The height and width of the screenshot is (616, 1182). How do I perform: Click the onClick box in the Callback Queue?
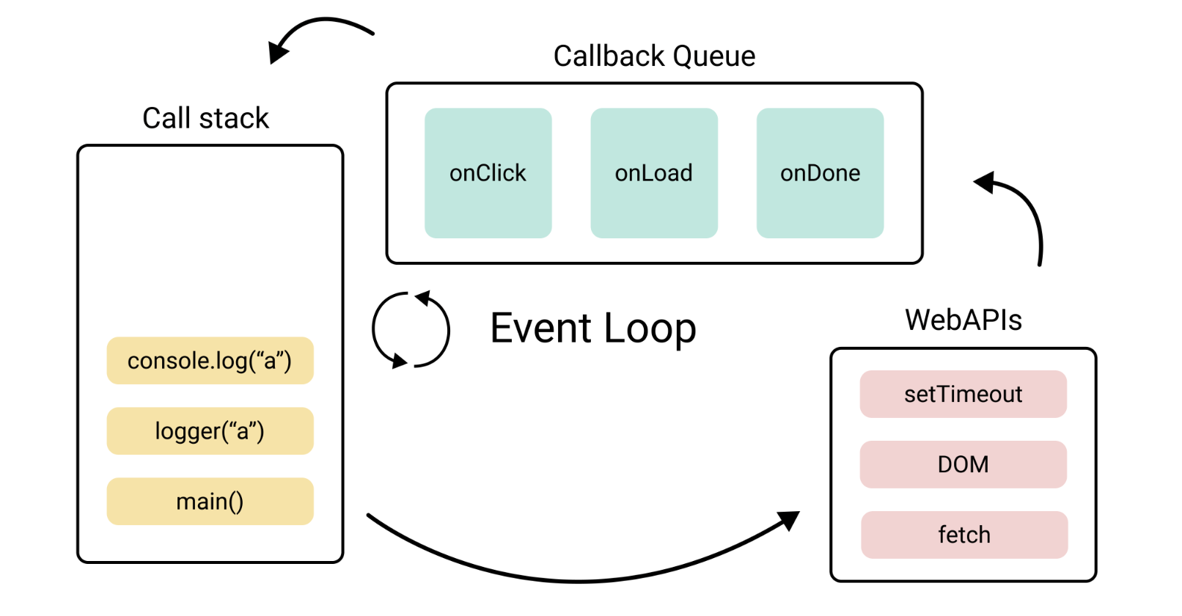tap(488, 173)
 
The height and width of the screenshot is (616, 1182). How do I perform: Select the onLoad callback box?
tap(653, 173)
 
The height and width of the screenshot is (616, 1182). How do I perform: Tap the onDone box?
tap(820, 173)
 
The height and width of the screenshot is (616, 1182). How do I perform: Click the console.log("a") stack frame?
tap(210, 361)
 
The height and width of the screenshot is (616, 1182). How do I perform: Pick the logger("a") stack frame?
tap(210, 431)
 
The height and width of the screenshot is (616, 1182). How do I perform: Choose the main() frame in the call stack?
tap(210, 502)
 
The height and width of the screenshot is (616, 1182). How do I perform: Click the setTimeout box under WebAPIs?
tap(963, 395)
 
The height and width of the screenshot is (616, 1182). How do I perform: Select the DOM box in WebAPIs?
tap(963, 465)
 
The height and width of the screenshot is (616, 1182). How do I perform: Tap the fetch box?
tap(963, 535)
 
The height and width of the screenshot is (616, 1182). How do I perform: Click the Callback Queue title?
tap(654, 56)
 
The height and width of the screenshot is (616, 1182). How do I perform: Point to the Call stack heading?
tap(205, 119)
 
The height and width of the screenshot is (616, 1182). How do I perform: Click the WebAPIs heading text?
tap(963, 320)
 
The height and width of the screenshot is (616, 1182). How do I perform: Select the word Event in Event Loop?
tap(540, 329)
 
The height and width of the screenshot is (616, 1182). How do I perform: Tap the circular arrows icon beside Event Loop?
tap(411, 330)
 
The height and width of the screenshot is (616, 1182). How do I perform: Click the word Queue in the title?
tap(713, 56)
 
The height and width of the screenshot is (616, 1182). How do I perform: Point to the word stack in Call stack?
tap(234, 119)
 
